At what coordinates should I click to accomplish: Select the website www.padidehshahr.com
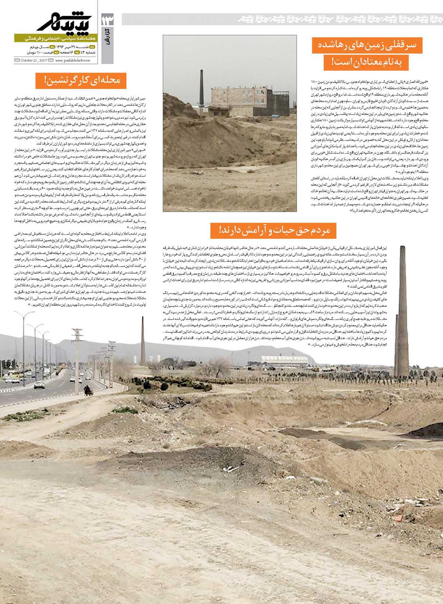pos(72,60)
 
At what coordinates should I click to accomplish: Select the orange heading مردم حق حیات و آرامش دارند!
pos(274,230)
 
